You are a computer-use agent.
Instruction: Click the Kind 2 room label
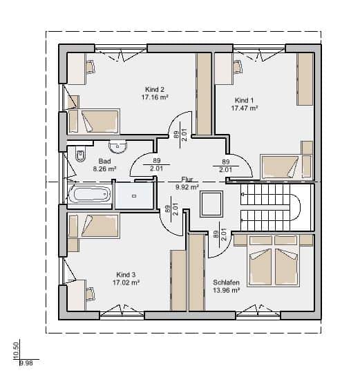pos(155,90)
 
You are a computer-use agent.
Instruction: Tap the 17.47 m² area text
pos(245,108)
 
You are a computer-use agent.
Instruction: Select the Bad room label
pos(104,161)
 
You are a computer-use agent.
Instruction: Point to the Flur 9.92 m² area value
pos(187,187)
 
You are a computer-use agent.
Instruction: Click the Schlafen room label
pos(226,282)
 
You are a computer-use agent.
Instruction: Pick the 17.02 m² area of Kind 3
pos(126,282)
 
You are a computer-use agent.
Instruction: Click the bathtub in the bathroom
pos(90,194)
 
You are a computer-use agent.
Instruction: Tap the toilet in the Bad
pos(80,153)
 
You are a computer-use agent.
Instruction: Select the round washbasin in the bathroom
pos(117,146)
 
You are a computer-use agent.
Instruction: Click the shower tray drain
pos(135,196)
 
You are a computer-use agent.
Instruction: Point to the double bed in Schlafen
pos(274,260)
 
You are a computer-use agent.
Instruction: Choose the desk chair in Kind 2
pos(91,66)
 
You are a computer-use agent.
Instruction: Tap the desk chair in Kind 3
pos(91,293)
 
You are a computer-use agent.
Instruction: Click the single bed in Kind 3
pos(94,226)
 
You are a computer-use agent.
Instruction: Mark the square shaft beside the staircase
pos(211,204)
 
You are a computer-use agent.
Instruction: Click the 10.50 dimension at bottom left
pos(16,350)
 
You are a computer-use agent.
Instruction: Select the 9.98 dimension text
pos(26,362)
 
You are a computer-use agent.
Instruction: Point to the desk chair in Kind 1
pos(238,66)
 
